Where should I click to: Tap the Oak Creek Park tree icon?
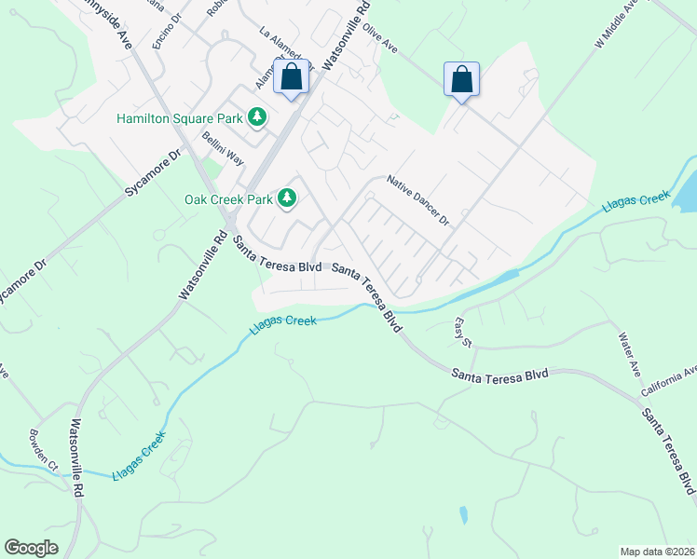[x=288, y=198]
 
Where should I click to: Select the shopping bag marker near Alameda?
[x=291, y=78]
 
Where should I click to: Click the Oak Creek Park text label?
[x=227, y=198]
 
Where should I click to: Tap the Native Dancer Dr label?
[x=417, y=202]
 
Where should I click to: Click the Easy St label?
[x=462, y=331]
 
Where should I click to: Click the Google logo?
[x=32, y=548]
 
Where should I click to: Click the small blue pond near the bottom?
[x=463, y=514]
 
